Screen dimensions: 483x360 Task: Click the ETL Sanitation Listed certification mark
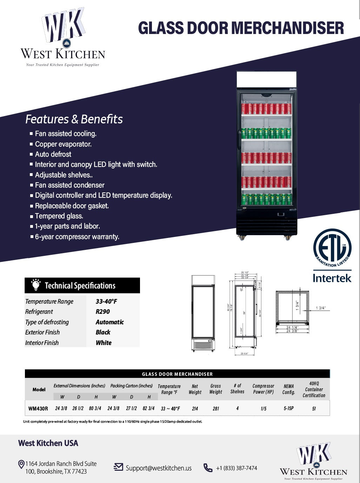point(332,248)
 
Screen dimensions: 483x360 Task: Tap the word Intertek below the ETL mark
point(332,278)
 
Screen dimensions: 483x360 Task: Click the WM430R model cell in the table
point(38,408)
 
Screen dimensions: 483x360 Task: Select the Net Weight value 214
point(195,409)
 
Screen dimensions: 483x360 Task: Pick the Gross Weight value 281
point(216,409)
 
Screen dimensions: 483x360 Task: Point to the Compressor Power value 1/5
point(264,409)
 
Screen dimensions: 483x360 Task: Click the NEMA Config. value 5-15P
point(288,408)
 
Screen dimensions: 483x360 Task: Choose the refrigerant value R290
point(103,312)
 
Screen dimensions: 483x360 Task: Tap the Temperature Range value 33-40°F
point(106,301)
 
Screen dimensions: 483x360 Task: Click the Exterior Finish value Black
point(103,332)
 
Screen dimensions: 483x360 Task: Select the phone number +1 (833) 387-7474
point(236,468)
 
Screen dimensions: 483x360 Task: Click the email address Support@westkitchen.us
point(159,468)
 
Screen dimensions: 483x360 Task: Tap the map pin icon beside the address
point(21,464)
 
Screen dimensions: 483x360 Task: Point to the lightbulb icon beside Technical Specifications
point(35,285)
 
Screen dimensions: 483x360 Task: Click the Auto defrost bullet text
point(53,154)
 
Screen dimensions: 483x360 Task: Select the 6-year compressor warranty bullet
point(77,237)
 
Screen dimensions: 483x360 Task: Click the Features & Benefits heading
point(74,119)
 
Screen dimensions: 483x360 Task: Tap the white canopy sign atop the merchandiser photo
point(267,80)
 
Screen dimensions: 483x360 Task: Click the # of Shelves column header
point(237,389)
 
